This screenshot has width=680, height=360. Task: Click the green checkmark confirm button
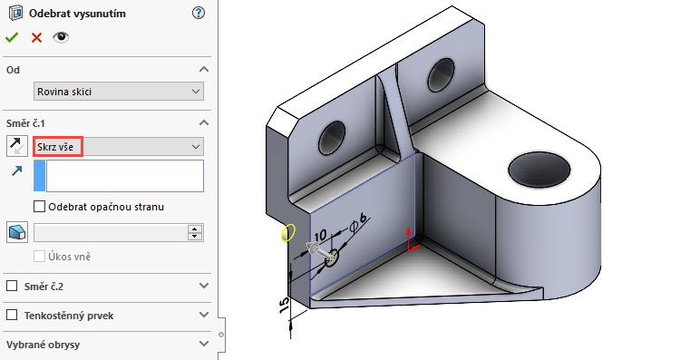pyautogui.click(x=12, y=37)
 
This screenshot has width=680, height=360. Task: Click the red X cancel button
pyautogui.click(x=36, y=37)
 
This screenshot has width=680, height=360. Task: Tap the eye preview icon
pyautogui.click(x=62, y=37)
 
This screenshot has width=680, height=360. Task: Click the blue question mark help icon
pyautogui.click(x=199, y=13)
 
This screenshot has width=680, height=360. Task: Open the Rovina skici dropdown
pyautogui.click(x=118, y=91)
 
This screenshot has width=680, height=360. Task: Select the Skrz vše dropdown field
pyautogui.click(x=118, y=146)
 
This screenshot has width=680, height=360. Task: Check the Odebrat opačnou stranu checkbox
pyautogui.click(x=39, y=206)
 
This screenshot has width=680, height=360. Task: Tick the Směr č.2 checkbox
pyautogui.click(x=12, y=286)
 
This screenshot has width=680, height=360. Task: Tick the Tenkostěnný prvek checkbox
pyautogui.click(x=12, y=315)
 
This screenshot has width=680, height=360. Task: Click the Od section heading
pyautogui.click(x=13, y=69)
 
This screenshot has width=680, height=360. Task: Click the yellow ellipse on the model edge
pyautogui.click(x=288, y=233)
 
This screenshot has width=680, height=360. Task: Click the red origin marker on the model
pyautogui.click(x=411, y=240)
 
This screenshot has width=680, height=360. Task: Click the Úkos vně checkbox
pyautogui.click(x=39, y=256)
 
